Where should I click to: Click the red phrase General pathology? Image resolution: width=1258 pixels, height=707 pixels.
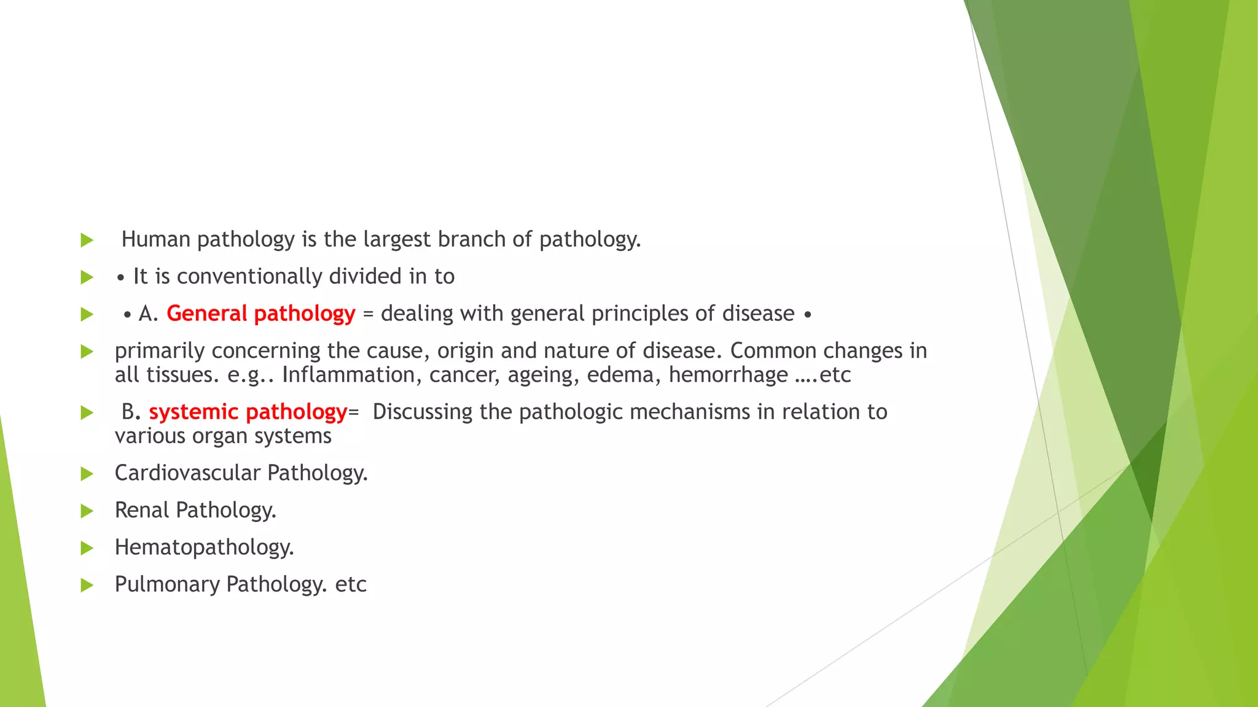pyautogui.click(x=260, y=314)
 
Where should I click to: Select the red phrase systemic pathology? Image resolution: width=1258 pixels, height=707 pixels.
pyautogui.click(x=248, y=412)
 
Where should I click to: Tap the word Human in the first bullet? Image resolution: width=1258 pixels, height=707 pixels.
pyautogui.click(x=156, y=239)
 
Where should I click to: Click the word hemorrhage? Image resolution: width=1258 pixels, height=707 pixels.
pyautogui.click(x=728, y=375)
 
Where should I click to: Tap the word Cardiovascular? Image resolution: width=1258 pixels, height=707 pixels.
pyautogui.click(x=187, y=473)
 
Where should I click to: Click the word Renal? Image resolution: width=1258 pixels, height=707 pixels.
pyautogui.click(x=142, y=510)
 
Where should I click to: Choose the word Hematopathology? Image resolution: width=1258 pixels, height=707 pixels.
pyautogui.click(x=204, y=547)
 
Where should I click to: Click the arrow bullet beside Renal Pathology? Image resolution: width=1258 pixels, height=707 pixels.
pyautogui.click(x=87, y=511)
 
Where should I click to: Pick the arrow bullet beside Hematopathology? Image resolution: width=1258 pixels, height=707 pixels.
pyautogui.click(x=87, y=548)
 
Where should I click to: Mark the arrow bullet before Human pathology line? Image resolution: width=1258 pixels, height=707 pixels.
pyautogui.click(x=87, y=240)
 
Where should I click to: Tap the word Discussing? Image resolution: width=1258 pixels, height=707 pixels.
pyautogui.click(x=423, y=412)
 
